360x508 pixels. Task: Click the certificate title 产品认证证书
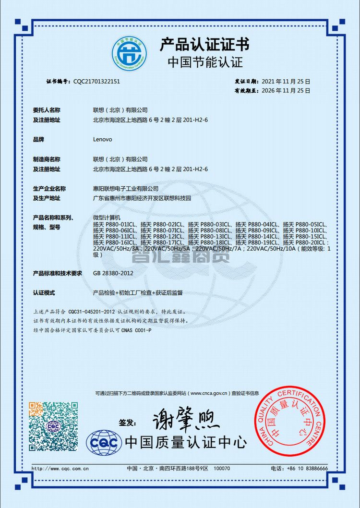pyautogui.click(x=205, y=45)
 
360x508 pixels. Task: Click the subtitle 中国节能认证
pyautogui.click(x=205, y=62)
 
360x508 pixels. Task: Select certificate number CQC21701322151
pyautogui.click(x=96, y=82)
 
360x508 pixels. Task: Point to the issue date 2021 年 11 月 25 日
pyautogui.click(x=286, y=82)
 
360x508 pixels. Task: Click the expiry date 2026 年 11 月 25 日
pyautogui.click(x=286, y=90)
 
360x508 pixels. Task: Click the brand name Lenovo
pyautogui.click(x=102, y=139)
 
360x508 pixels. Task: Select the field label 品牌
pyautogui.click(x=38, y=139)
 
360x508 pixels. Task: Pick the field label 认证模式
pyautogui.click(x=44, y=292)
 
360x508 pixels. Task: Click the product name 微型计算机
pyautogui.click(x=107, y=218)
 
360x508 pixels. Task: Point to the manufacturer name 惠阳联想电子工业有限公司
pyautogui.click(x=125, y=189)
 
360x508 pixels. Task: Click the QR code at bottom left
pyautogui.click(x=53, y=426)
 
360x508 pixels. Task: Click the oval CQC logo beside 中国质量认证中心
pyautogui.click(x=104, y=443)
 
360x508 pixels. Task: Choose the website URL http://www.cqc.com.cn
pyautogui.click(x=60, y=468)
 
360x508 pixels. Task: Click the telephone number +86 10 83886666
pyautogui.click(x=306, y=468)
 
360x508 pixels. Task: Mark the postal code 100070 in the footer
pyautogui.click(x=221, y=468)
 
